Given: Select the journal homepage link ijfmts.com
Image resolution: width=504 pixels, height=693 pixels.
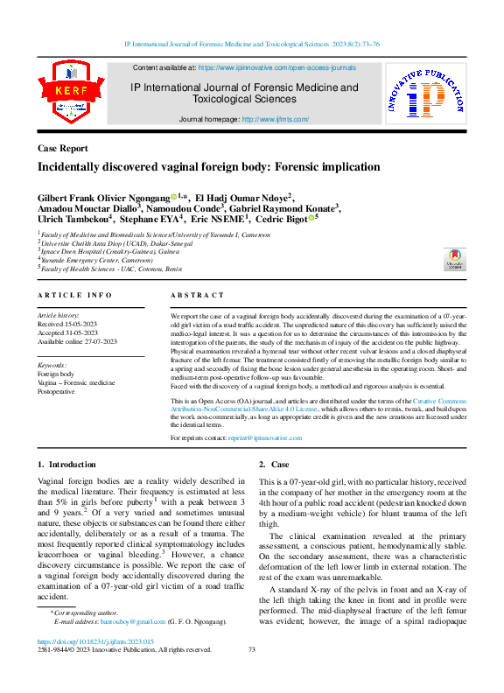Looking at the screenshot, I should (x=276, y=119).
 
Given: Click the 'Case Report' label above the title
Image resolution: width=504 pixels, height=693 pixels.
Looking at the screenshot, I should (x=63, y=148).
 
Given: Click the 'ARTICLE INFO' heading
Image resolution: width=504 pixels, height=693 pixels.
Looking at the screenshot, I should (x=74, y=297).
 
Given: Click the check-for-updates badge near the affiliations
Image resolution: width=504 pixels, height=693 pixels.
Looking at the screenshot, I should (x=455, y=259).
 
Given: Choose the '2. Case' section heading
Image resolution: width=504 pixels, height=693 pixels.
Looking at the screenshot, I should (x=274, y=464).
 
